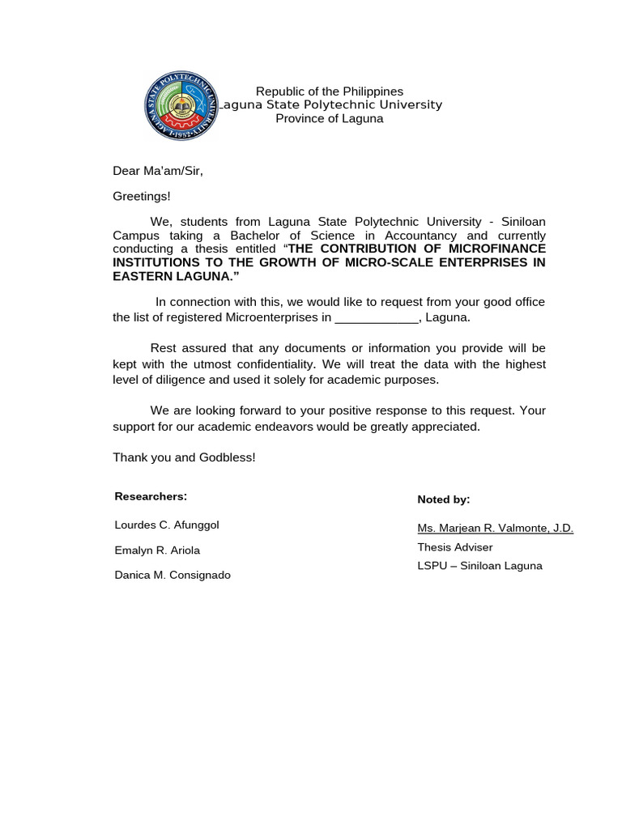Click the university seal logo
click(x=182, y=106)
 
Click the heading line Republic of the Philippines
click(x=330, y=91)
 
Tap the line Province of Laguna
click(x=330, y=118)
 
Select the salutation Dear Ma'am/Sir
click(x=158, y=171)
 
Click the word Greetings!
click(x=142, y=196)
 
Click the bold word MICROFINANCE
click(x=496, y=249)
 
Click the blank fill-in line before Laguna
click(x=377, y=317)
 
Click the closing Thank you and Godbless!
click(x=184, y=457)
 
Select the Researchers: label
click(x=151, y=496)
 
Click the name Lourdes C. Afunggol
click(x=167, y=525)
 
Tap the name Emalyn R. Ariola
click(x=157, y=551)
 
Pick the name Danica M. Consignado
click(x=173, y=575)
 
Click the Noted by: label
click(x=443, y=500)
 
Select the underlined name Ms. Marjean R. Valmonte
click(x=495, y=528)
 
